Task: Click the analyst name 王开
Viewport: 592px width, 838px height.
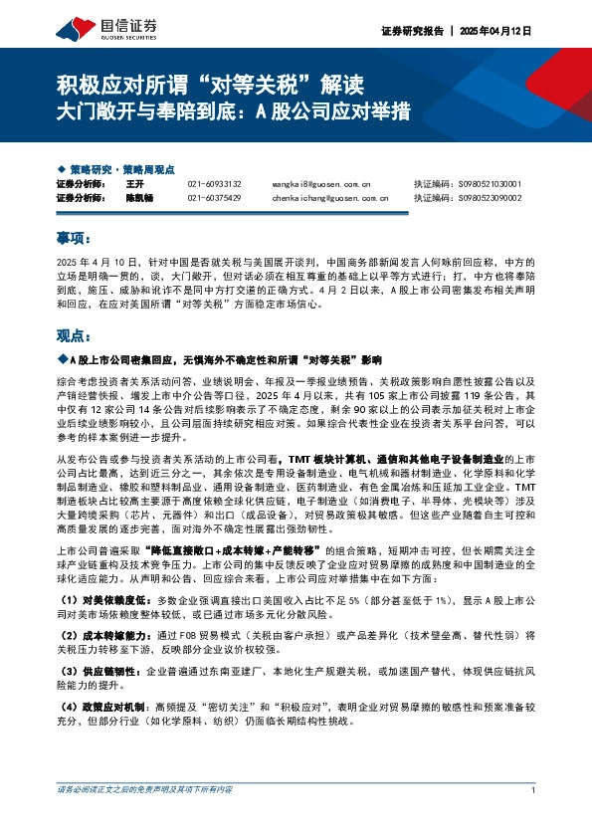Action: [x=136, y=185]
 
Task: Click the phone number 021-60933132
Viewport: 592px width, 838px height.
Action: [x=213, y=185]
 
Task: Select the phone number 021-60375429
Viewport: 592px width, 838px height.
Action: [x=213, y=198]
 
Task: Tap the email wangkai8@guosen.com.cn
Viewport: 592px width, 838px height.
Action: [x=320, y=185]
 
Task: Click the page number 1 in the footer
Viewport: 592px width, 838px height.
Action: [x=534, y=818]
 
